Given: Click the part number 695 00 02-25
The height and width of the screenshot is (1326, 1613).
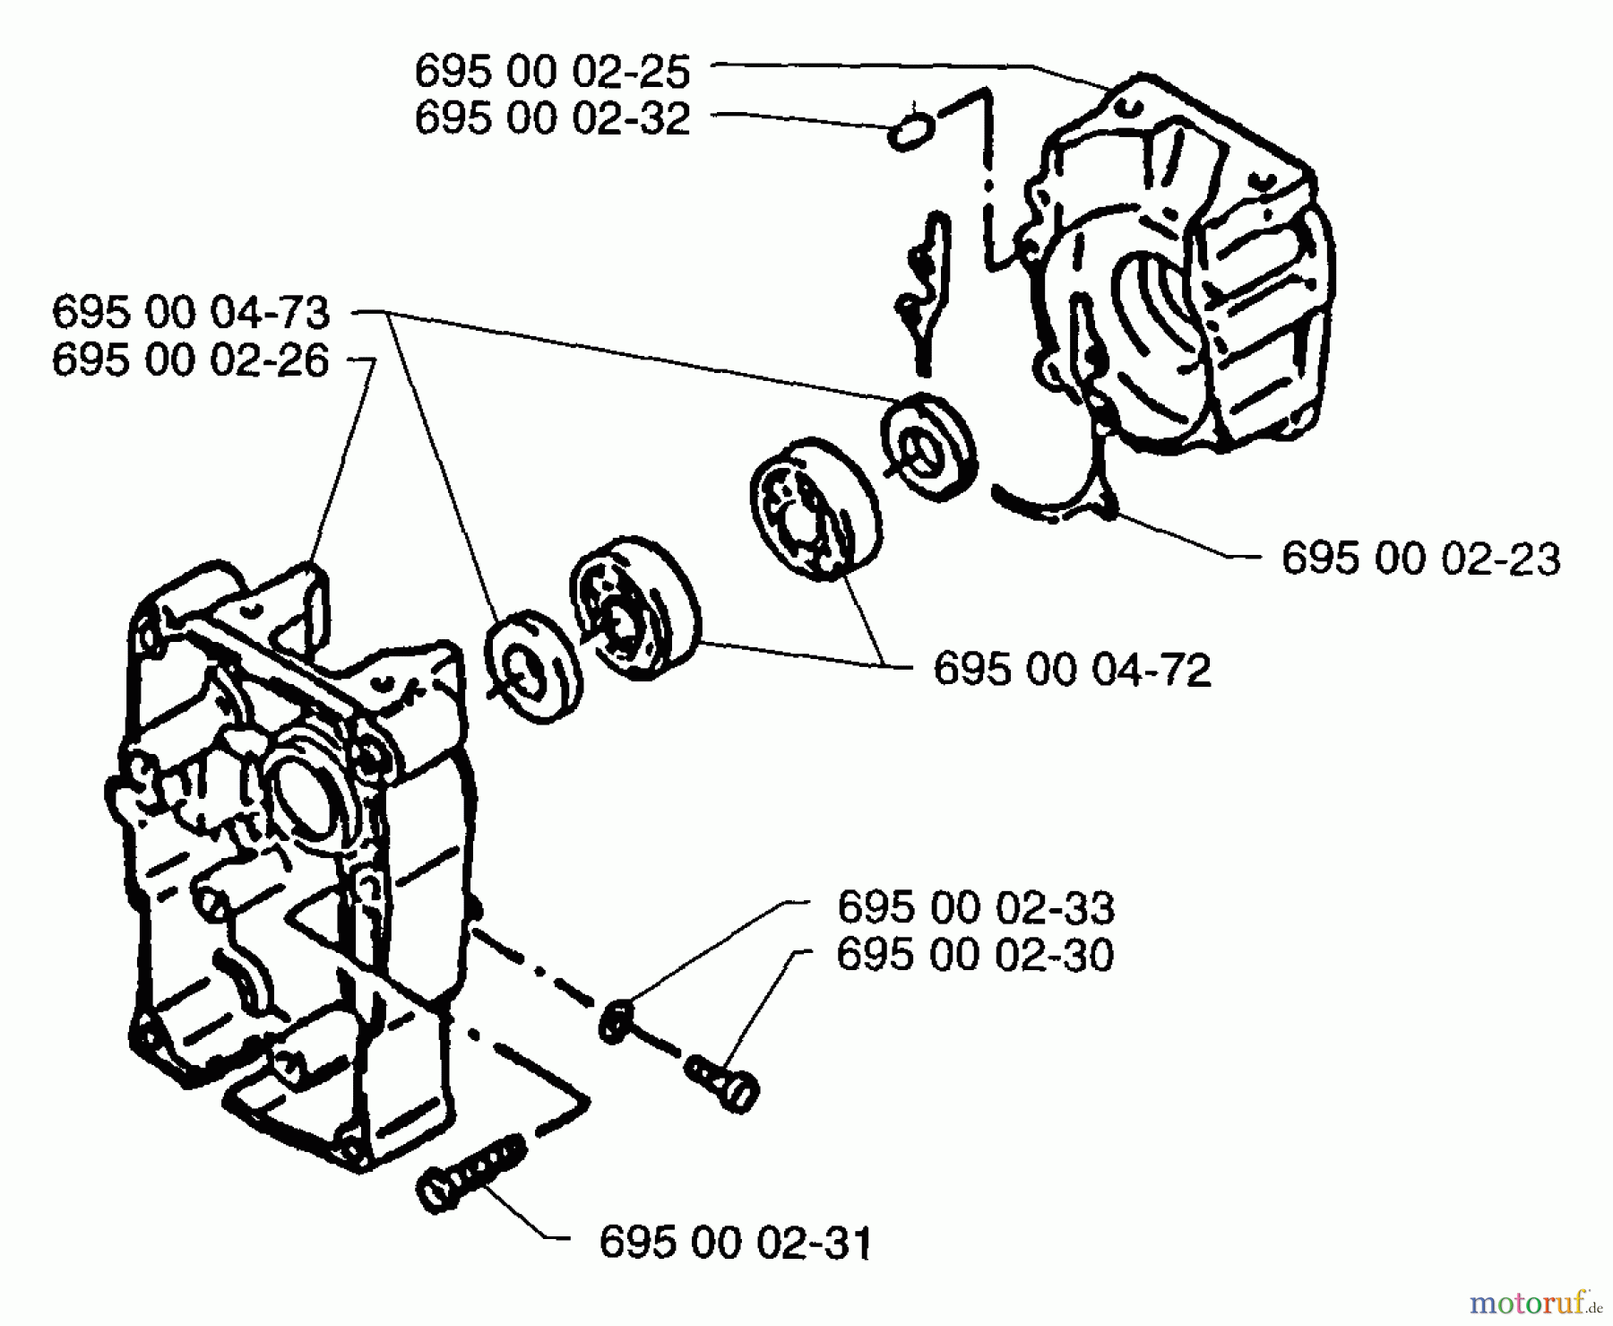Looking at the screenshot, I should (552, 72).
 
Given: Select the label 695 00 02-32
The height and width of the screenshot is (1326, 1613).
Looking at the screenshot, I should (552, 118).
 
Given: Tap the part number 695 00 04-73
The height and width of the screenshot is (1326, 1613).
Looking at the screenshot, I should (191, 313).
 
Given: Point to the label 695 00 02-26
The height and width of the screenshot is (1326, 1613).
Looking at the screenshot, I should (191, 360).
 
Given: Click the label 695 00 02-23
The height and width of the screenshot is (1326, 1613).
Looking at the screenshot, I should (1420, 559).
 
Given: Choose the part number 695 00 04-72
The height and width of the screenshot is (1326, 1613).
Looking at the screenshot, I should (1072, 670).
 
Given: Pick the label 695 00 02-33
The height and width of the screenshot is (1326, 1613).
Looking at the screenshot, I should (976, 908).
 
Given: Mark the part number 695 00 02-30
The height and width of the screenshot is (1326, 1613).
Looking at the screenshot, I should (975, 955).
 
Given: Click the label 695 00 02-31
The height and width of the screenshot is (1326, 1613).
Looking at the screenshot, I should (735, 1244).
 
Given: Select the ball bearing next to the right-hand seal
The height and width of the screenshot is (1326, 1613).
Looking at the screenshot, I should (814, 508).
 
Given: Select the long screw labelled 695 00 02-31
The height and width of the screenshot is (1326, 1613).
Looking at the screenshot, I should (466, 1175).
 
